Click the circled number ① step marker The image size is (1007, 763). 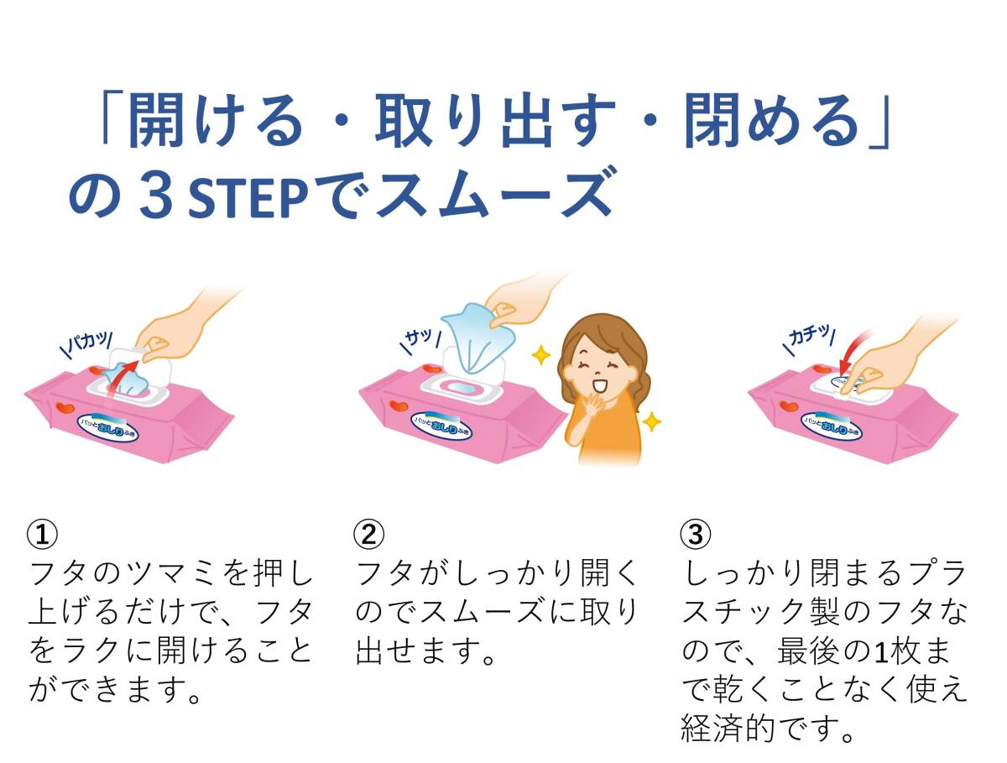click(42, 535)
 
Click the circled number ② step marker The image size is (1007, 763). click(369, 535)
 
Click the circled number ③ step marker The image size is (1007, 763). click(696, 535)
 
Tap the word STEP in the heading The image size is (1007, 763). click(248, 198)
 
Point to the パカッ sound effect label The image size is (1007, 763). click(87, 343)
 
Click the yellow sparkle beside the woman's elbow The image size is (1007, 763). click(651, 421)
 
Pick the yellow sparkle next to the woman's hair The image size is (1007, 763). click(541, 355)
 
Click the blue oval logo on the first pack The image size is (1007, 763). click(108, 427)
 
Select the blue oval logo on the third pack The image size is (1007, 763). click(832, 426)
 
